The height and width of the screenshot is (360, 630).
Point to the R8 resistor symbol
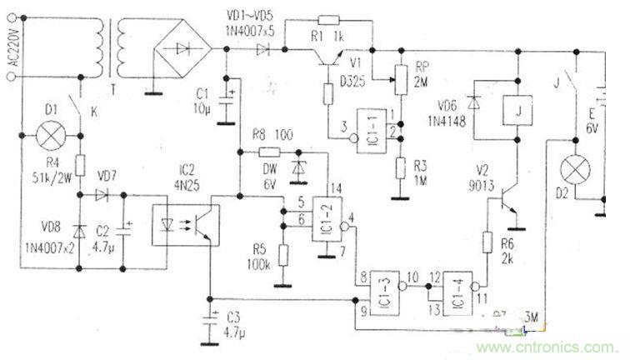pos(270,152)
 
